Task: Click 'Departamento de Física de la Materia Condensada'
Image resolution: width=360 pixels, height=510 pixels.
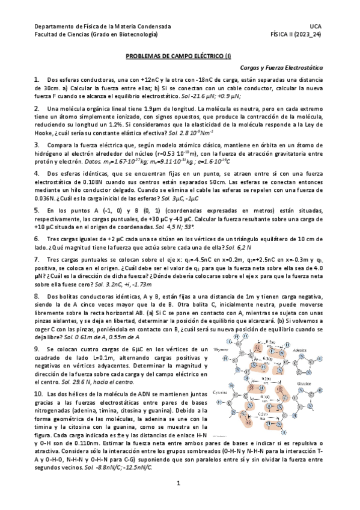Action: pos(103,27)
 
